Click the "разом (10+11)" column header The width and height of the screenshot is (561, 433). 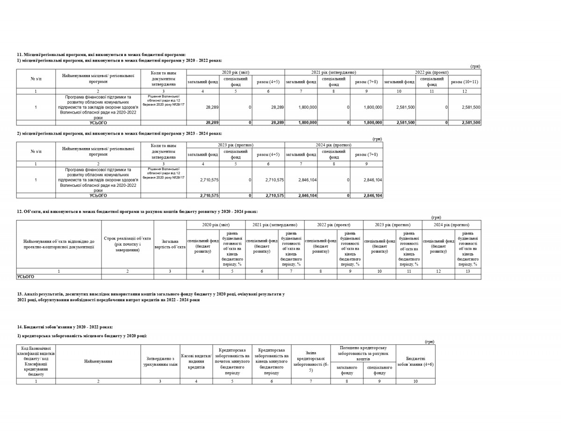click(464, 82)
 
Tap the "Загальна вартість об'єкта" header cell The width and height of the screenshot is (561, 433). click(170, 244)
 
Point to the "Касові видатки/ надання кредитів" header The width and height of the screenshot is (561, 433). click(196, 361)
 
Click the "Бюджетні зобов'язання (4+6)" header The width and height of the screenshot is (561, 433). click(415, 361)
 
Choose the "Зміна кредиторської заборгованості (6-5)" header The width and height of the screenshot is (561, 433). click(310, 361)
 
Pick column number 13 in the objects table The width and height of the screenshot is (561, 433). click(467, 271)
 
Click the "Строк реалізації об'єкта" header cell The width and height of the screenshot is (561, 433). click(127, 244)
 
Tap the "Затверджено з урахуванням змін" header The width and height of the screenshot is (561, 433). click(160, 361)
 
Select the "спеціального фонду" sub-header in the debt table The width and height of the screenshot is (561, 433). click(379, 370)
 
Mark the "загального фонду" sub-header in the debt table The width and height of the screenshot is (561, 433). click(346, 370)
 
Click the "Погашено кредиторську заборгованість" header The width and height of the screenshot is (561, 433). click(363, 353)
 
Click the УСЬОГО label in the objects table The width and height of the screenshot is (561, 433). click(26, 277)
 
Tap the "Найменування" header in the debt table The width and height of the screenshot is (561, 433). click(98, 361)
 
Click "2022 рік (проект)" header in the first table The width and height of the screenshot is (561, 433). click(432, 72)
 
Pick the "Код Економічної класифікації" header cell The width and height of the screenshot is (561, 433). click(36, 361)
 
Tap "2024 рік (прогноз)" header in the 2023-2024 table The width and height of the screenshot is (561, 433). click(333, 145)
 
